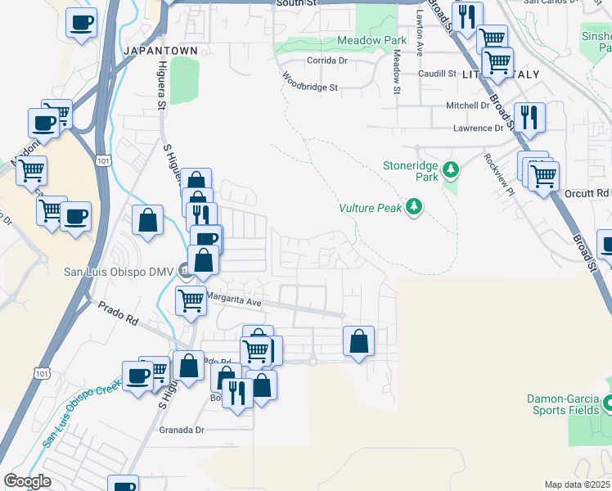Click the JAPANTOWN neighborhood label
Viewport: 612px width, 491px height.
coord(160,51)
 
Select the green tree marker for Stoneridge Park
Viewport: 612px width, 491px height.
coord(451,170)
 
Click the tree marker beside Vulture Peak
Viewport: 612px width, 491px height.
coord(415,207)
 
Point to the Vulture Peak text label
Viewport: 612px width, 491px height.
coord(371,208)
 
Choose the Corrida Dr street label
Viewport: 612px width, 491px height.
coord(327,60)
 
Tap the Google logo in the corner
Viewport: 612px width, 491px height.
coord(28,481)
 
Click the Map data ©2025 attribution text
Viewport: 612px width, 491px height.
coord(578,484)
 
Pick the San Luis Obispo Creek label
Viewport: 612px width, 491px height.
coord(83,415)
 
